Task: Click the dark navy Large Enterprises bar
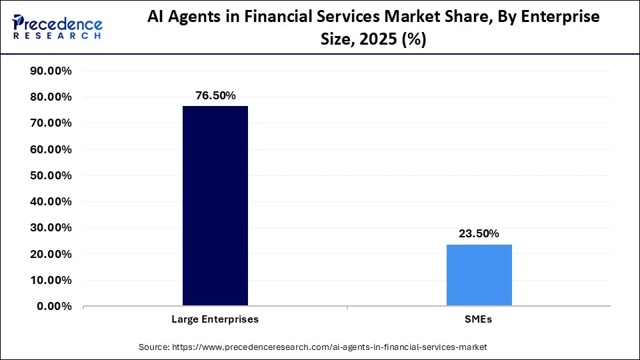click(x=215, y=206)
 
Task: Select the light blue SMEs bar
click(x=479, y=275)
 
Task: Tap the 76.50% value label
click(x=215, y=96)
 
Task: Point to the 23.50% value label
click(x=479, y=234)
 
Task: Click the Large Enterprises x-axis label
click(x=215, y=319)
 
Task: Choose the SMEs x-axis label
click(x=479, y=319)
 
